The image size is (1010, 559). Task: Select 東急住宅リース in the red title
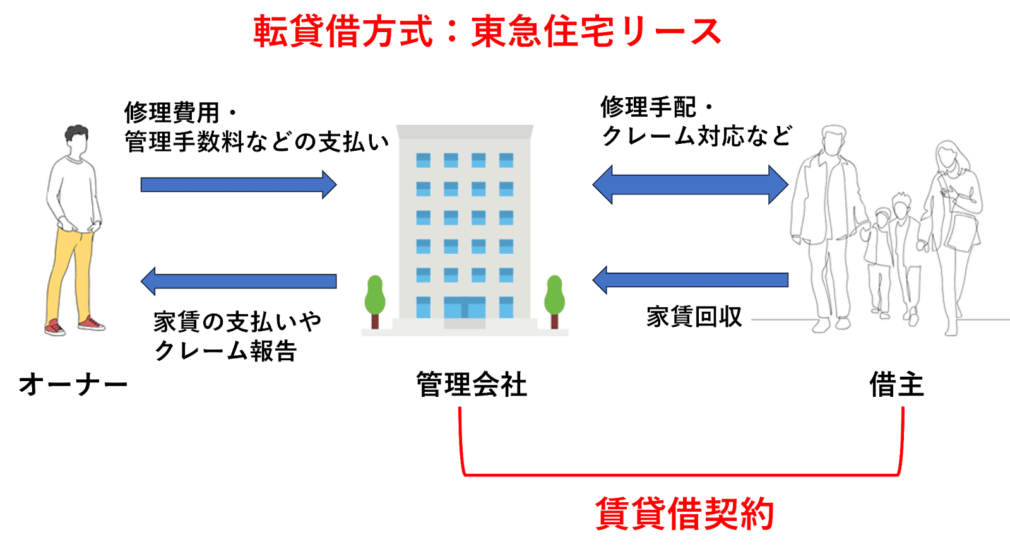[x=596, y=32]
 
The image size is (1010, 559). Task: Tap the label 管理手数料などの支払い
[x=256, y=142]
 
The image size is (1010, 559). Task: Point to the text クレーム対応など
[x=697, y=136]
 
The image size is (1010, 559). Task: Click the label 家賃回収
[x=694, y=317]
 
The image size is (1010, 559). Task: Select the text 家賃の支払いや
[x=237, y=322]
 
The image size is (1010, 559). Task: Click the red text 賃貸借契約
[x=684, y=514]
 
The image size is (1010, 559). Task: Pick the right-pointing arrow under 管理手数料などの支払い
[x=238, y=185]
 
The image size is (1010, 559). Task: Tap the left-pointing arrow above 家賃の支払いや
[x=238, y=281]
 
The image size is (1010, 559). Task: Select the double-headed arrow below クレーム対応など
[x=690, y=185]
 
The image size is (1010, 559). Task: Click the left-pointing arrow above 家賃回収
[x=690, y=279]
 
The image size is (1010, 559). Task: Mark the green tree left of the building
[x=375, y=297]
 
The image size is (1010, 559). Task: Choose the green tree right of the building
[x=554, y=297]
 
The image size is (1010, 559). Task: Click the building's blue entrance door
[x=465, y=307]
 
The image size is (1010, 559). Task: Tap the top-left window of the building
[x=423, y=160]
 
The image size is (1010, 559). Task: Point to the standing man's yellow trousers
[x=71, y=271]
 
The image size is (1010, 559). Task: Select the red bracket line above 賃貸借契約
[x=682, y=474]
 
